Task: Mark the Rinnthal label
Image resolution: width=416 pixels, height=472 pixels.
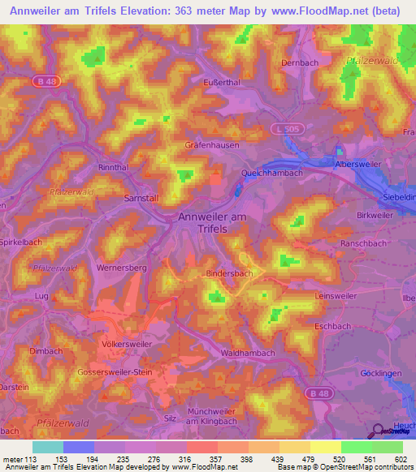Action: click(113, 168)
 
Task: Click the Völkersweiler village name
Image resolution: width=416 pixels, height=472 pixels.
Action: click(123, 343)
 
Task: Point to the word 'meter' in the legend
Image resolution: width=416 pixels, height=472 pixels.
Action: click(13, 459)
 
